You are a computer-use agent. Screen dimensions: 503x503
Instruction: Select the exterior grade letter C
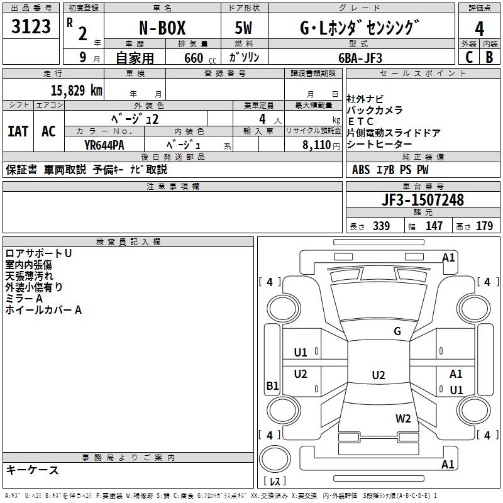click(469, 57)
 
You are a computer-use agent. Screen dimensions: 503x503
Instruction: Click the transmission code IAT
click(18, 131)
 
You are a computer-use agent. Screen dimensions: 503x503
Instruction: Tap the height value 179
click(484, 226)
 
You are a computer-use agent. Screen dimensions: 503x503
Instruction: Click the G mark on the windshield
click(397, 331)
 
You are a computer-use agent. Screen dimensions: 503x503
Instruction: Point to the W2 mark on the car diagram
click(403, 418)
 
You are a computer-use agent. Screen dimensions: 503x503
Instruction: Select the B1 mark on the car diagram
click(272, 386)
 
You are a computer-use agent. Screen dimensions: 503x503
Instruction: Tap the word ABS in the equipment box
click(361, 170)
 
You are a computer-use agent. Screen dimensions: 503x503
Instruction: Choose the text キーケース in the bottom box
click(32, 470)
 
